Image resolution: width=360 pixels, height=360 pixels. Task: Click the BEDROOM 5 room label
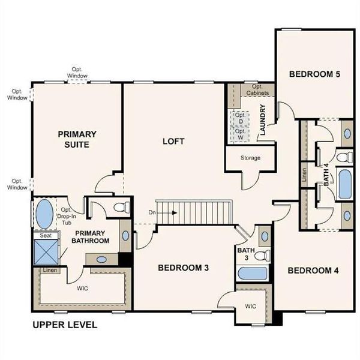(314, 74)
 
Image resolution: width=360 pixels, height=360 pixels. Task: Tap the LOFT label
(173, 142)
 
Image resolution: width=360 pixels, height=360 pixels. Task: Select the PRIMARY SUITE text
(77, 139)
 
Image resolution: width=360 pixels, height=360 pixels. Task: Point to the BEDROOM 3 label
(183, 268)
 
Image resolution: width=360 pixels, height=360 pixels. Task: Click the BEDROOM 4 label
(313, 271)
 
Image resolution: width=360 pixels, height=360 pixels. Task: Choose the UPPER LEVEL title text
(64, 325)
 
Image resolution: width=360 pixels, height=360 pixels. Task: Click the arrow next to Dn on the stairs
(170, 212)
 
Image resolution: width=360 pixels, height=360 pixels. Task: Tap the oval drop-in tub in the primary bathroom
(44, 214)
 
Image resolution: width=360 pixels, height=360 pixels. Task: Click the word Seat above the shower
(45, 236)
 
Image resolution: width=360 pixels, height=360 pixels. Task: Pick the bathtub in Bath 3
(252, 274)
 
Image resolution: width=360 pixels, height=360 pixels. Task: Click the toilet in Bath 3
(262, 256)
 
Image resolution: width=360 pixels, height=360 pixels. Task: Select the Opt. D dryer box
(240, 118)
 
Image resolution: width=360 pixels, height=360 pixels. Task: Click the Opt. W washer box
(240, 134)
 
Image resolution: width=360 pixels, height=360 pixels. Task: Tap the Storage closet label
(250, 158)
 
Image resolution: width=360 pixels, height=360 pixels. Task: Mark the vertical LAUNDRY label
(263, 121)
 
